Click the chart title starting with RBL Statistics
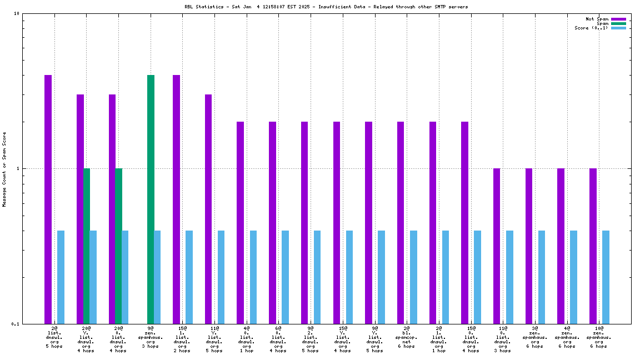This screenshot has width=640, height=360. pos(326,7)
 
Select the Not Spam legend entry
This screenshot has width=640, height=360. pos(597,19)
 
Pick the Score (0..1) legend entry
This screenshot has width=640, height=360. pos(592,28)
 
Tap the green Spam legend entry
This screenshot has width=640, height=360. pos(603,23)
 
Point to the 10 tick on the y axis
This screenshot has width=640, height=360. pos(16,13)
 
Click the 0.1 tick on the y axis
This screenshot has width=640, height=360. pos(15,324)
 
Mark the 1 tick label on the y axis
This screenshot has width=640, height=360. pos(18,168)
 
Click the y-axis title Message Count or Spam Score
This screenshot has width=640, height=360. pos(4,169)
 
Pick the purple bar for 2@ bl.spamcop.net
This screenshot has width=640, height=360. pos(401,222)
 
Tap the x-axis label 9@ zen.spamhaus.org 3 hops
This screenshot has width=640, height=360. pos(151,337)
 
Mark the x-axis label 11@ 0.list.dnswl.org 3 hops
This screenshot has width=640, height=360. pos(502,339)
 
